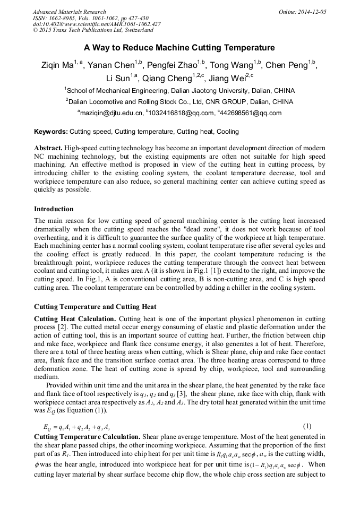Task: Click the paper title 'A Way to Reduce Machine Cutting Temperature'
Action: click(179, 48)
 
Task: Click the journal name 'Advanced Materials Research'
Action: click(69, 12)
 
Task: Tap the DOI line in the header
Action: click(97, 24)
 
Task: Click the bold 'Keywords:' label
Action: click(51, 131)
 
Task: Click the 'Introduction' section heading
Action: click(54, 209)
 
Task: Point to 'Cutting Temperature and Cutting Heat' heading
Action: click(95, 307)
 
